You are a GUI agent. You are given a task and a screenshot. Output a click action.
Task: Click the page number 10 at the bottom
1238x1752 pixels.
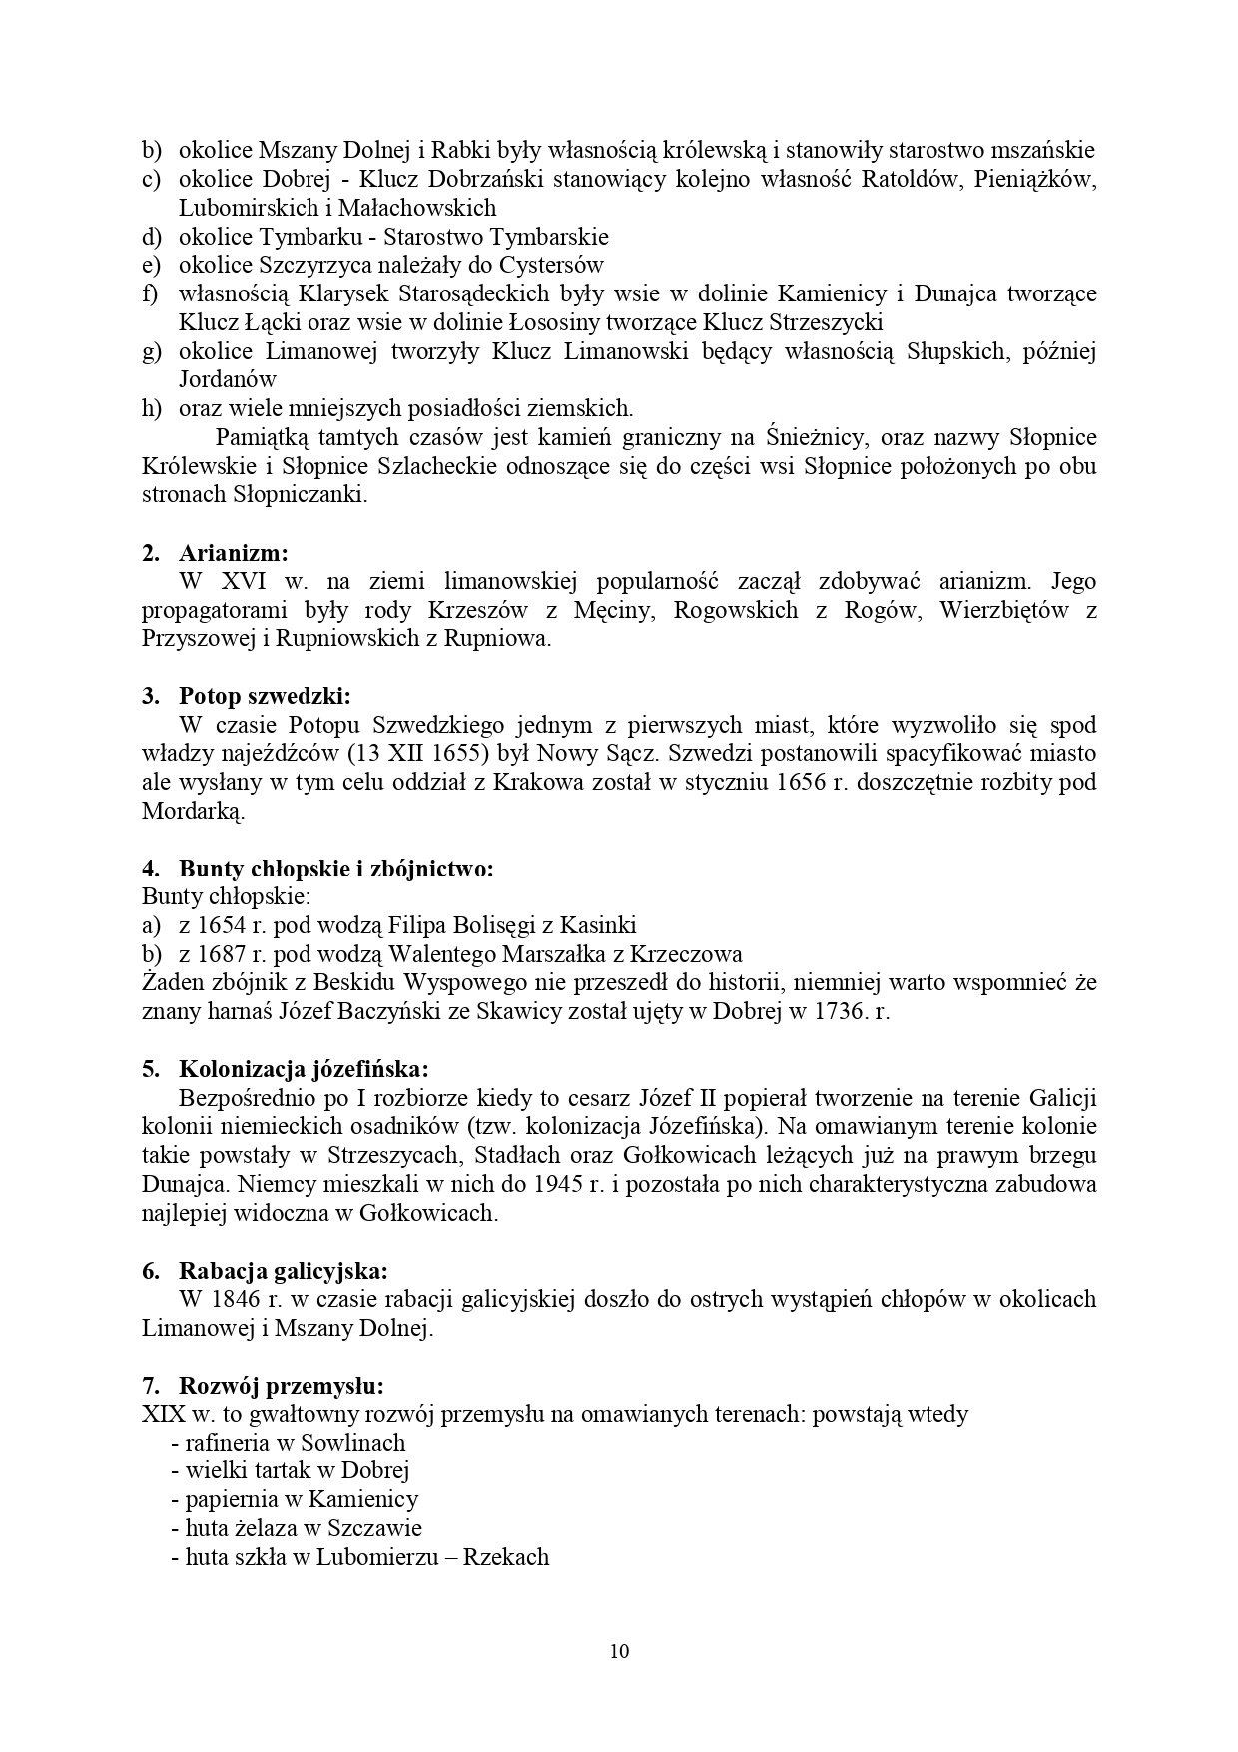619,1650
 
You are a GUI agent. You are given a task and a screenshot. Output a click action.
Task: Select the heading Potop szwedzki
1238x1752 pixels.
265,696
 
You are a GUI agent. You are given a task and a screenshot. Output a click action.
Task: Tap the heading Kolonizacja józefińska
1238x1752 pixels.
304,1070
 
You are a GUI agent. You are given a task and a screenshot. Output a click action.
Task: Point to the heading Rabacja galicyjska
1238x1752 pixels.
283,1271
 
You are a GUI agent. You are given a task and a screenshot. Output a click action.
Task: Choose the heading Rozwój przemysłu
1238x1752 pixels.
282,1386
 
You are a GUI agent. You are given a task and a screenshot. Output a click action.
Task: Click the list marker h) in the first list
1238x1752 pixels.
152,408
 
